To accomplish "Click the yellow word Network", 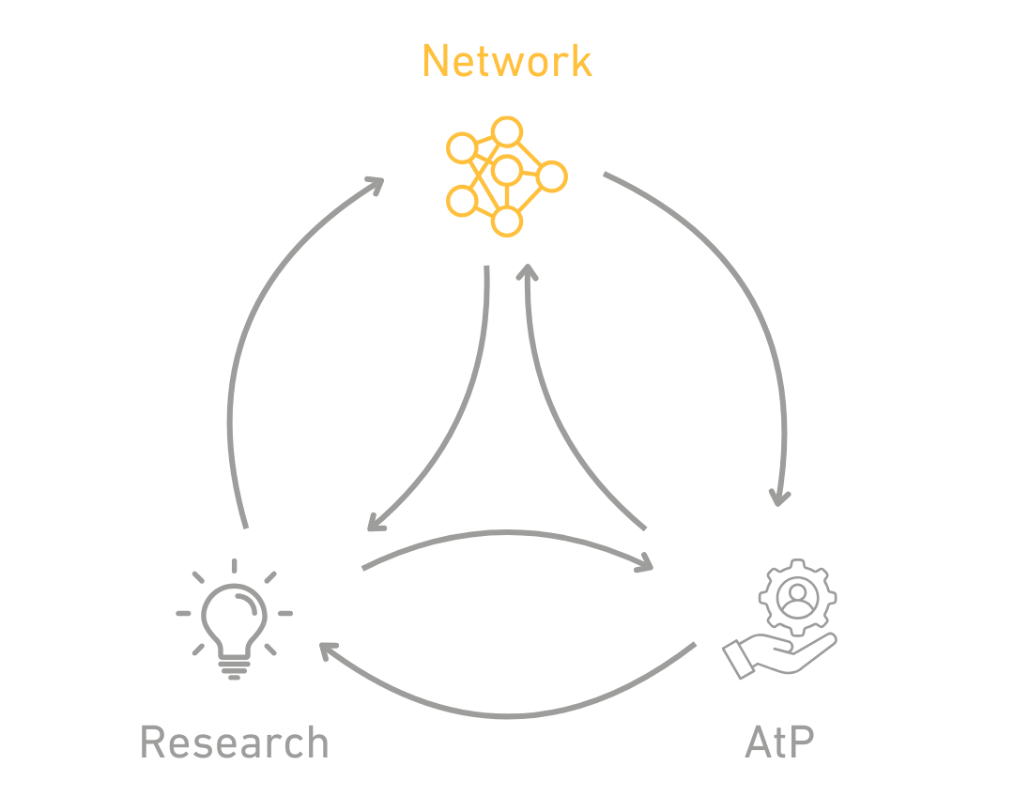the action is (507, 61).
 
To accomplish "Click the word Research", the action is (234, 742).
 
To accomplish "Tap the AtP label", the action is (778, 742).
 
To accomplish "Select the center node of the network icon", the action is (506, 171).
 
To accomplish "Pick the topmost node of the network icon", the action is (506, 132).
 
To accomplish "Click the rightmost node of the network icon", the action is (552, 176).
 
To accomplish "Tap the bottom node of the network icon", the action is (506, 222).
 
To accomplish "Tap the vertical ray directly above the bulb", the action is (234, 566).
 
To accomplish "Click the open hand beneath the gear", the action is (779, 655).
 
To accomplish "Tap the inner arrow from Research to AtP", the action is (508, 532).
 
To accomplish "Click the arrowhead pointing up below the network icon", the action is (527, 271).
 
